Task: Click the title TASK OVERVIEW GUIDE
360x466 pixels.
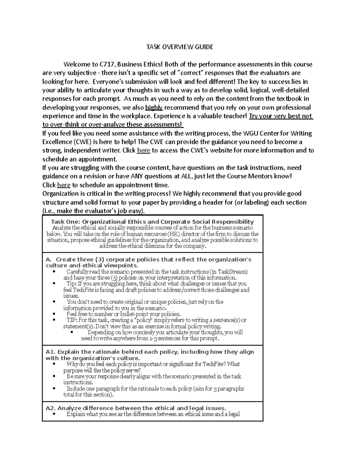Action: [180, 47]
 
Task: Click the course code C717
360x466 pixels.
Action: [107, 65]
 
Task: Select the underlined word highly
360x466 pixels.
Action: [154, 108]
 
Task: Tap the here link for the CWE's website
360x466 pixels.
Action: [143, 151]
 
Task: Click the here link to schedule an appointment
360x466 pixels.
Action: [64, 185]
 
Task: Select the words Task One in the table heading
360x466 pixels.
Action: [64, 222]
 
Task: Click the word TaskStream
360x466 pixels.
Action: [232, 272]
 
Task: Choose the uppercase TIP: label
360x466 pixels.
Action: [72, 320]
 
